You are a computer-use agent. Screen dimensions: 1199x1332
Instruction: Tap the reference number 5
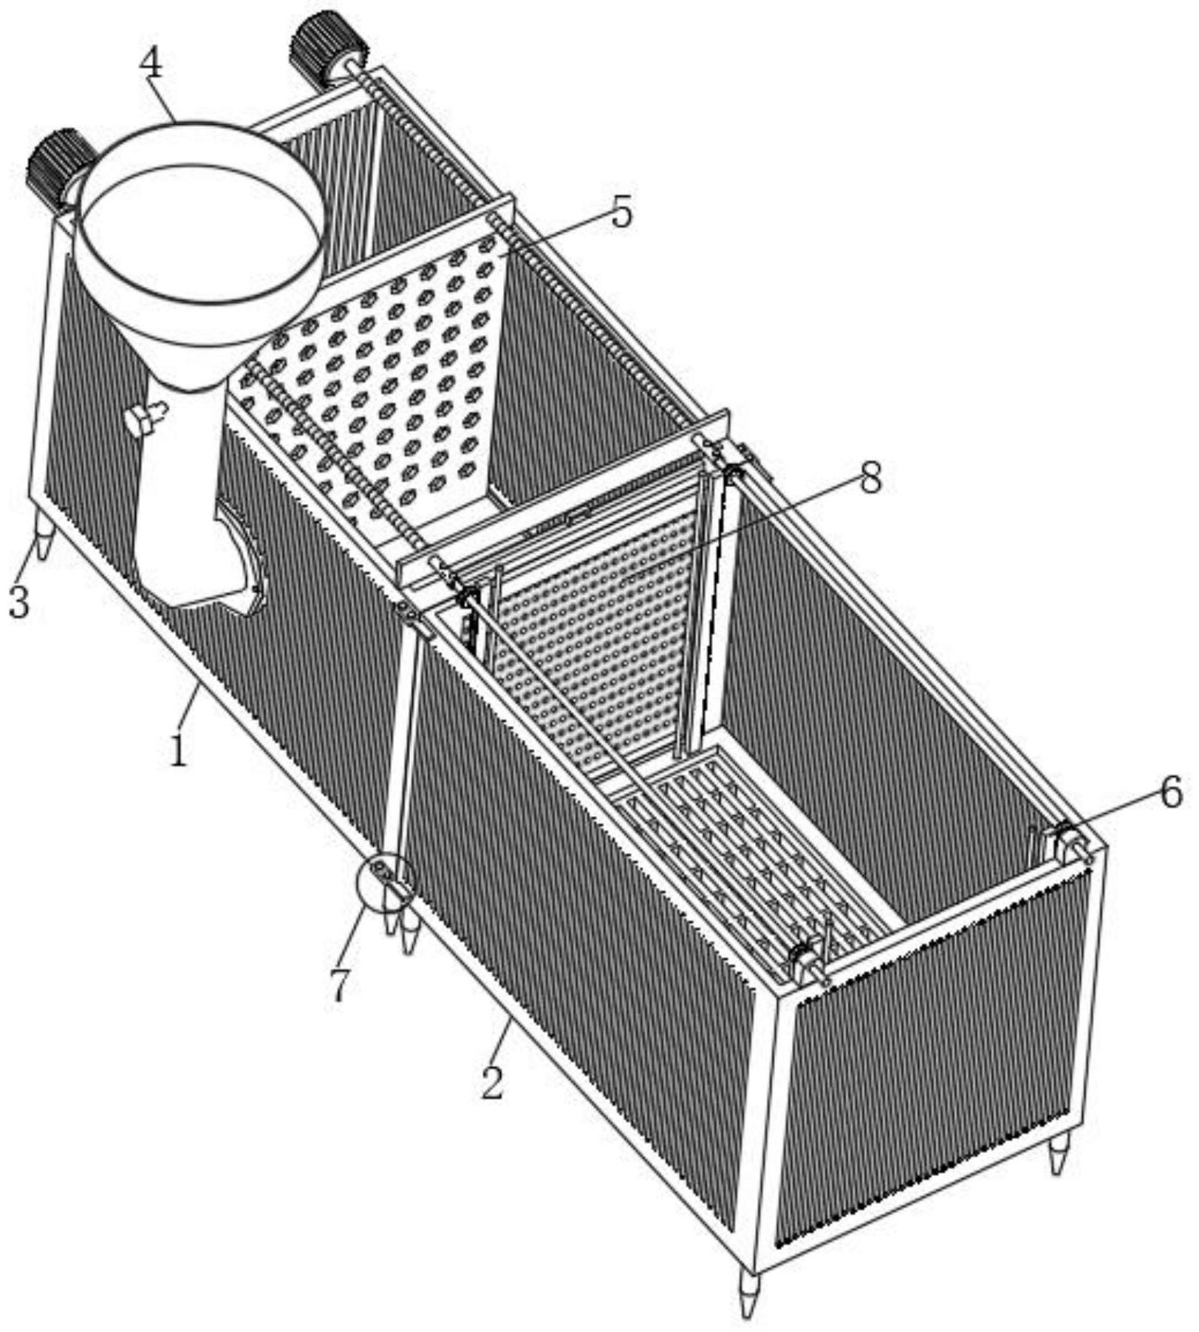(622, 211)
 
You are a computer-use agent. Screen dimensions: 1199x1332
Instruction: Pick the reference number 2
(493, 1082)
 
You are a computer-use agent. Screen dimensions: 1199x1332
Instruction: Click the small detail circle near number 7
(386, 882)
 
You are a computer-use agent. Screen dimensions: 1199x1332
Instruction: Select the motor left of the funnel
(59, 166)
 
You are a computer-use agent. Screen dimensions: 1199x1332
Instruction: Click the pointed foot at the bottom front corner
(748, 1290)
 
